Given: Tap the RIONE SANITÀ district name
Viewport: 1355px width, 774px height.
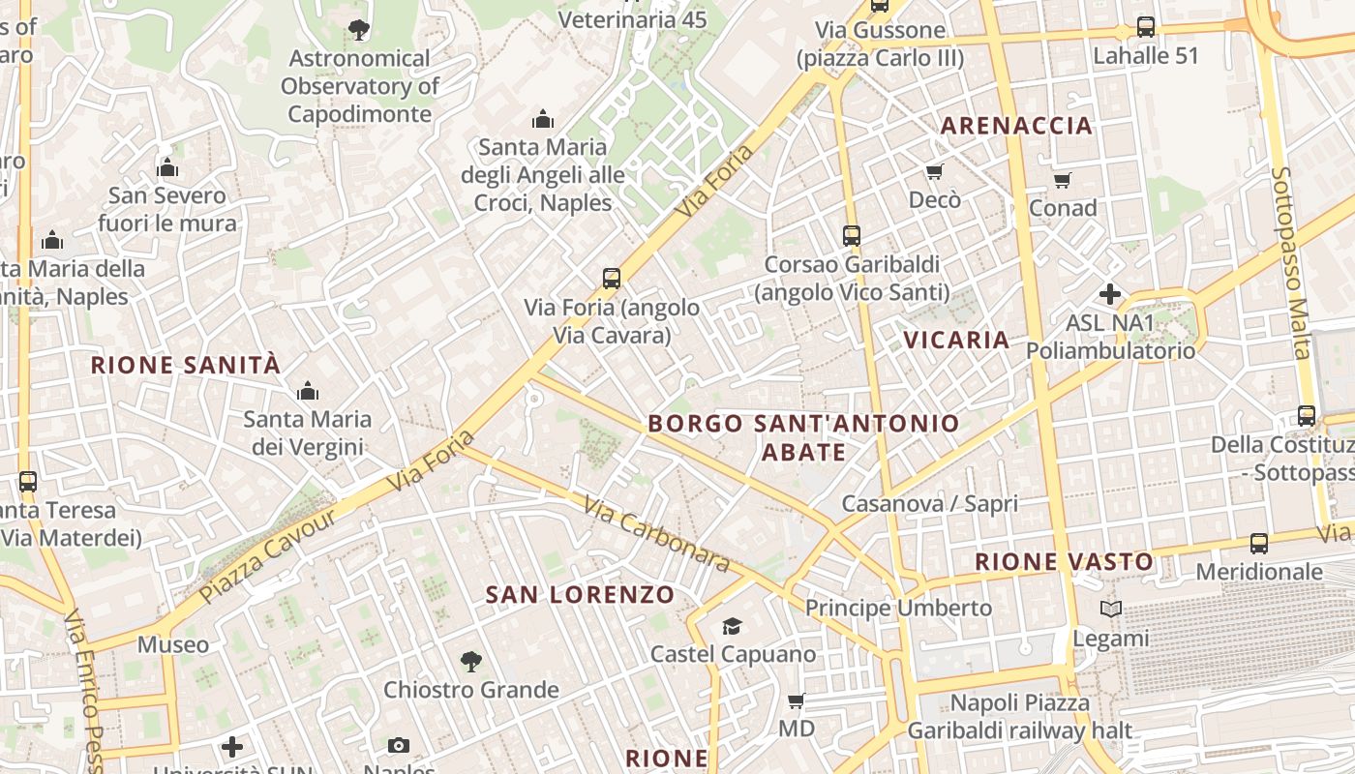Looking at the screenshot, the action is tap(186, 365).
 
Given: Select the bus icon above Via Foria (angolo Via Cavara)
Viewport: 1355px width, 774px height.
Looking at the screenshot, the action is tap(612, 279).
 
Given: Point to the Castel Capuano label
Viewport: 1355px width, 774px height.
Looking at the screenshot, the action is tap(733, 654).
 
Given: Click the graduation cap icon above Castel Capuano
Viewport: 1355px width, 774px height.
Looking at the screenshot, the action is tap(732, 627).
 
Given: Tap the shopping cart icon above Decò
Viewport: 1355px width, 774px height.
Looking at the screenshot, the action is tap(934, 172).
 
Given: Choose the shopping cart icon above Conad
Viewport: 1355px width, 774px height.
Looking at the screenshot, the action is tap(1062, 180).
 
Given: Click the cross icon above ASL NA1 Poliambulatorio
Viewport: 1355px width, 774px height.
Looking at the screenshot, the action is tap(1110, 293).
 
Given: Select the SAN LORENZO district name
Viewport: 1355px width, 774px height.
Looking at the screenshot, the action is tap(580, 594).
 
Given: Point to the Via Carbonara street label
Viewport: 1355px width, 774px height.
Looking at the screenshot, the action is tap(655, 533).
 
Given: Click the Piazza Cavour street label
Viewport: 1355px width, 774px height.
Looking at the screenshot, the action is tap(269, 555).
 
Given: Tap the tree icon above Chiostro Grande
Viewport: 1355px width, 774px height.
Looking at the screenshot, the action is tap(470, 662).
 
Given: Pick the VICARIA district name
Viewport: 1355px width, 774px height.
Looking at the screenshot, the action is tap(956, 340).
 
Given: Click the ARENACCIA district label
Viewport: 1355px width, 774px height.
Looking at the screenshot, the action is tap(1016, 125).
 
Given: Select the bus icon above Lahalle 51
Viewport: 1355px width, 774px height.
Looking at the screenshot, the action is tap(1146, 27).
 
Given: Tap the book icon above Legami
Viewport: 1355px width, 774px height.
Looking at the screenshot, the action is tap(1110, 610).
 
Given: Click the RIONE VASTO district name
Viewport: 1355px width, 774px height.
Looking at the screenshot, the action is tap(1064, 561).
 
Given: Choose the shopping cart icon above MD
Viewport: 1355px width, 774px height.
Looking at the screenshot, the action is tap(796, 700).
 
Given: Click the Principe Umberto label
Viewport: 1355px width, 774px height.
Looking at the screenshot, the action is tap(898, 608).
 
